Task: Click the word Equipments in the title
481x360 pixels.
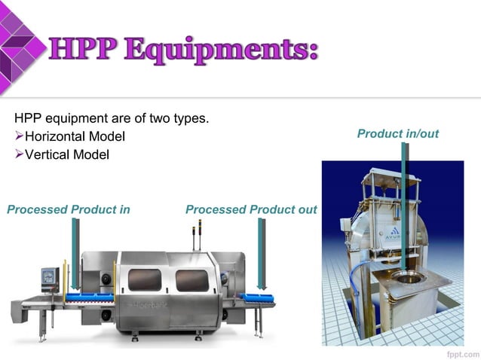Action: point(219,50)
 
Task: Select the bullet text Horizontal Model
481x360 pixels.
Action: point(75,137)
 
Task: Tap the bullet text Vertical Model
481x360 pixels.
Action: point(66,154)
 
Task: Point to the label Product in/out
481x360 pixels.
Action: point(397,134)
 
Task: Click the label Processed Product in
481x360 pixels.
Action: point(69,209)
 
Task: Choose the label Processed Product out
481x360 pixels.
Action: point(251,209)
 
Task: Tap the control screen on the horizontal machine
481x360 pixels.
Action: point(51,277)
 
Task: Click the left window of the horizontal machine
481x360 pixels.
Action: point(144,279)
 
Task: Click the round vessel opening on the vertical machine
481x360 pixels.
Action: point(409,279)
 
